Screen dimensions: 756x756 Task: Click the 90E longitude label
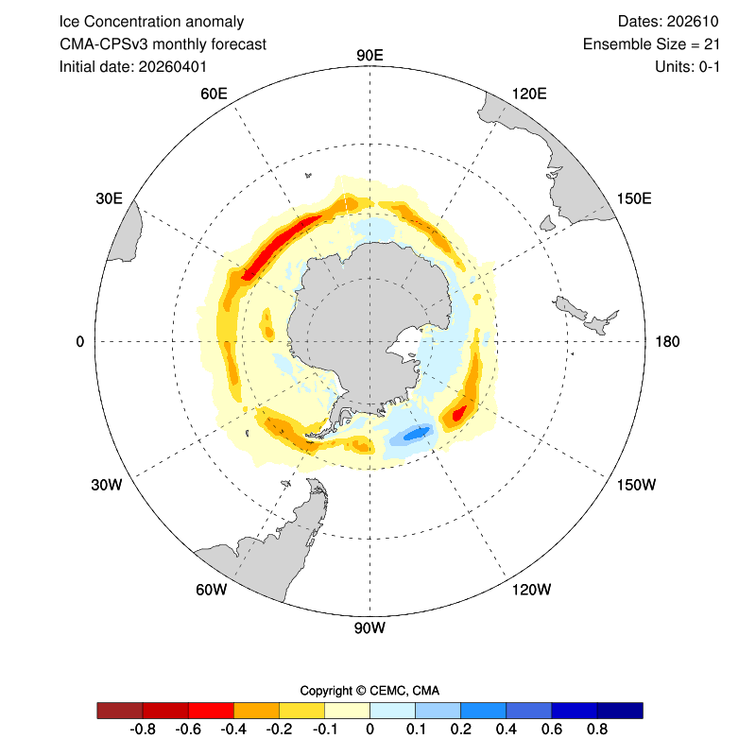369,56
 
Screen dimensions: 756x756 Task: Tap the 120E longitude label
529,94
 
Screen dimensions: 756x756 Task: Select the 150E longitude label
634,198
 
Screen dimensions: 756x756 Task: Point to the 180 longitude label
667,342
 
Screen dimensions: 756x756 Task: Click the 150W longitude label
636,485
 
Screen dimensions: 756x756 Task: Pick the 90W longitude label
369,627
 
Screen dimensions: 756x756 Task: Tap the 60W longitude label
211,589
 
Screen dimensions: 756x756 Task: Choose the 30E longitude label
109,198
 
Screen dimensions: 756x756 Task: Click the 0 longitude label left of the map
80,342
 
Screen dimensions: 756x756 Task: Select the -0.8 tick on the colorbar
143,729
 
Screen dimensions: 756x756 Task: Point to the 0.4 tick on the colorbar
507,729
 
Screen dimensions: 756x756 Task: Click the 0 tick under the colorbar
369,729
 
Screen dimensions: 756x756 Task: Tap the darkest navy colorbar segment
620,711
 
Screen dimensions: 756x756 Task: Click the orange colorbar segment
256,711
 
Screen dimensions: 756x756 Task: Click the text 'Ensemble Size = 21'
651,44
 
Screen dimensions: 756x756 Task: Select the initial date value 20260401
173,66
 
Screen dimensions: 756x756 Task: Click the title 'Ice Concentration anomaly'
151,22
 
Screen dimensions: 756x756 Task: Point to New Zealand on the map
585,316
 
